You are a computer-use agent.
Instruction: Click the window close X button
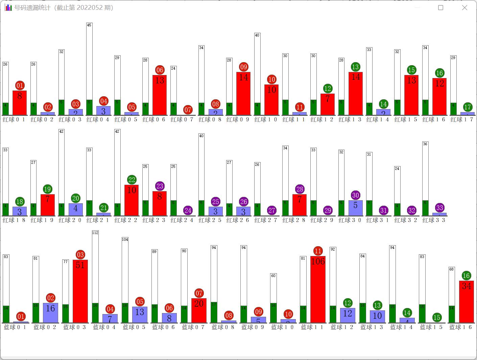464,7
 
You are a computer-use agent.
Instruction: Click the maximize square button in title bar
440,7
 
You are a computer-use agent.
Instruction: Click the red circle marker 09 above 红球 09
243,67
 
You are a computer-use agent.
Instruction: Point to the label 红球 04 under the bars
98,120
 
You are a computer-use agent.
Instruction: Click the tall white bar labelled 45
89,62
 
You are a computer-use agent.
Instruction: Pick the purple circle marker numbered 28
300,189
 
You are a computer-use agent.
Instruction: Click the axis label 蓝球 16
460,327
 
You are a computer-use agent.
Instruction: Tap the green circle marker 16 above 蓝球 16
466,276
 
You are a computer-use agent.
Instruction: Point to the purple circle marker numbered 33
439,208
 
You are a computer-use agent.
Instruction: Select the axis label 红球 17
462,120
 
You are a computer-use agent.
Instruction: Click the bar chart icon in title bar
8,7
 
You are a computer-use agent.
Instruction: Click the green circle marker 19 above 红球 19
47,189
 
